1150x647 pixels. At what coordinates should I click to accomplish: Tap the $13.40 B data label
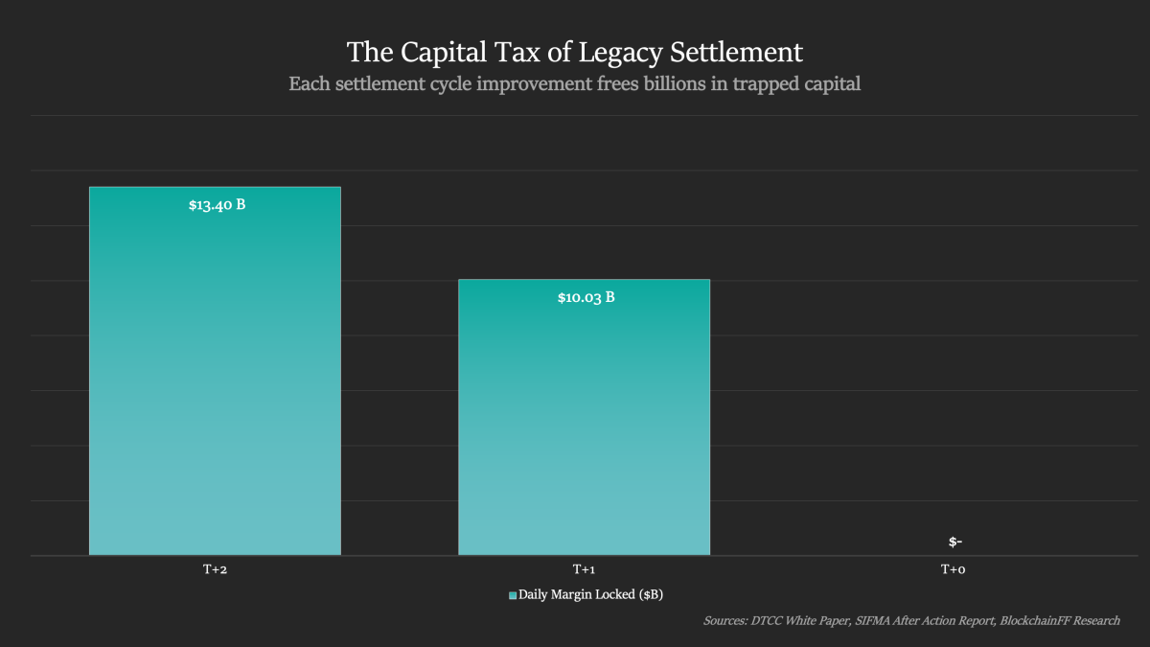218,204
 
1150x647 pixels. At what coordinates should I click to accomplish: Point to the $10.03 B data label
586,297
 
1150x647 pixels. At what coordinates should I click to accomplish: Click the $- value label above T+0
954,542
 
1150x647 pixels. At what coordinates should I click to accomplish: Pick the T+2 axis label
215,569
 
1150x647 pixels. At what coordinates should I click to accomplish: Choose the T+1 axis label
584,569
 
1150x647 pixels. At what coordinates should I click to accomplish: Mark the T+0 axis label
953,569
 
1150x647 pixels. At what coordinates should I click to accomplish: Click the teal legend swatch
513,595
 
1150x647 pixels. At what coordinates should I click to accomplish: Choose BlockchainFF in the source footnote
1038,620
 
